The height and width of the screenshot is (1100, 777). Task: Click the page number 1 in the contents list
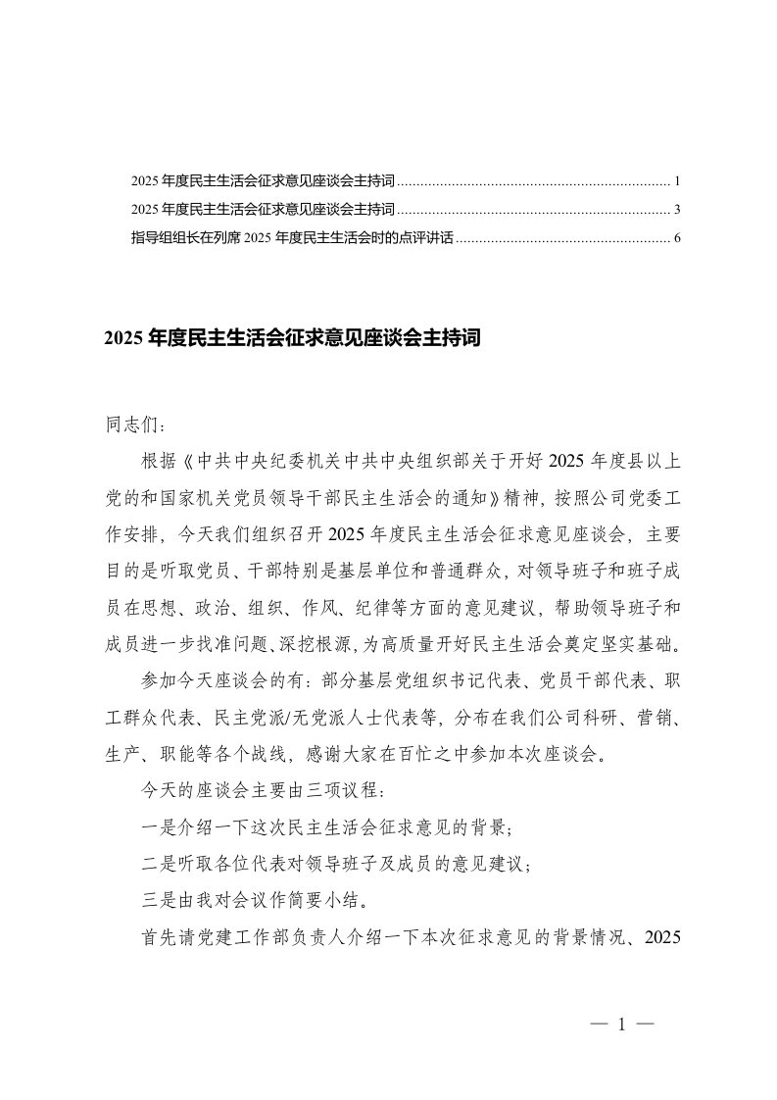tap(677, 182)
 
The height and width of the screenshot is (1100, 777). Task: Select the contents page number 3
tap(677, 210)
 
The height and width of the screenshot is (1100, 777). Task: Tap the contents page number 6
tap(677, 237)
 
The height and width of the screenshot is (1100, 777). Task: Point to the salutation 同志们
tap(135, 427)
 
